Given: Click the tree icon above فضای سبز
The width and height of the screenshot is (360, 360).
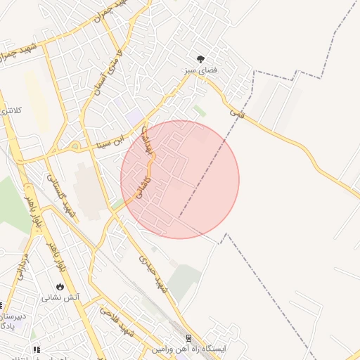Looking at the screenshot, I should tap(201, 59).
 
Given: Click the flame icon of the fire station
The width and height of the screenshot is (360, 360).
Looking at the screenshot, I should tap(60, 286).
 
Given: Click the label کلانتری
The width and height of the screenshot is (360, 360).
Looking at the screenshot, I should tap(10, 111).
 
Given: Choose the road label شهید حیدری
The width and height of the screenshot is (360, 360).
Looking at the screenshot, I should tap(154, 274).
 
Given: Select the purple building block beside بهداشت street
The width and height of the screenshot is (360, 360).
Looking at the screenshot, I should tap(135, 119).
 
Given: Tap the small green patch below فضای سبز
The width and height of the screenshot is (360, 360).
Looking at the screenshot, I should tap(200, 111).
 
